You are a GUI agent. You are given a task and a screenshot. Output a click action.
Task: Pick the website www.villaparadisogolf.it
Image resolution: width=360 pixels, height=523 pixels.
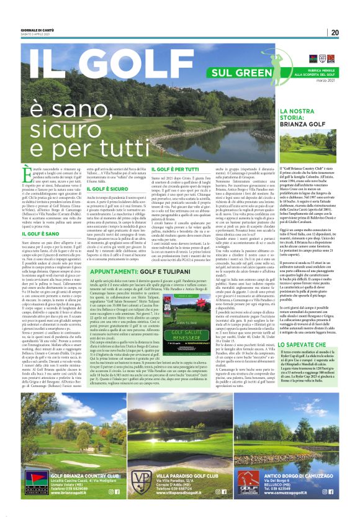(x=184, y=494)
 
